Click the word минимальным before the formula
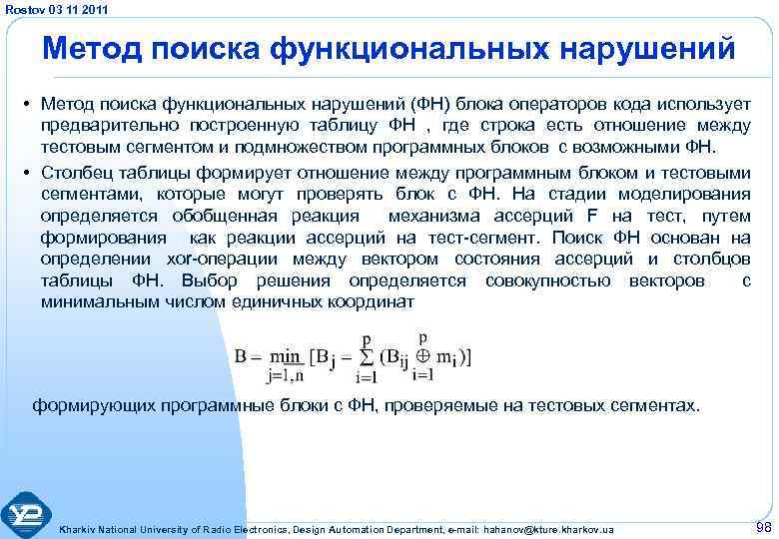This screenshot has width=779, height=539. click(100, 301)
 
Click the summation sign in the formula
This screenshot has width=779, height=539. click(367, 357)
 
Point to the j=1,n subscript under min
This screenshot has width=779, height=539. click(285, 376)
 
